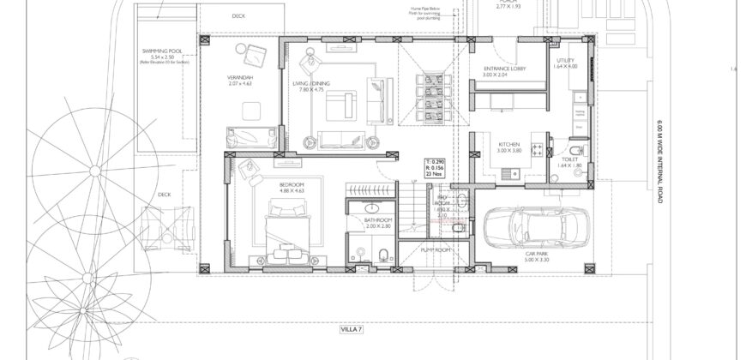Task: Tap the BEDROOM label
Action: coord(292,185)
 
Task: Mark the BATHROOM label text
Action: coord(377,220)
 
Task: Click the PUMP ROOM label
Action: coord(436,249)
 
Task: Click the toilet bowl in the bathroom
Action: coord(386,252)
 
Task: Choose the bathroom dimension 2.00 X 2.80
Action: coord(377,227)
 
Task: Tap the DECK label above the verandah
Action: coord(238,16)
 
